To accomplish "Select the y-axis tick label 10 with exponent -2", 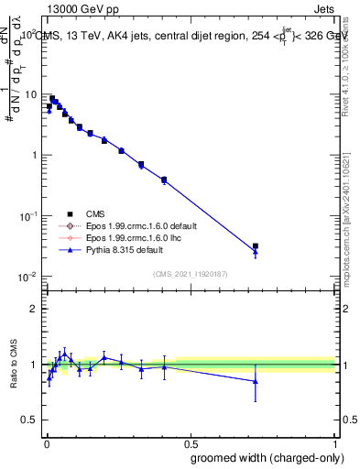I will tap(28, 277).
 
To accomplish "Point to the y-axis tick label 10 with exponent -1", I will tap(28, 216).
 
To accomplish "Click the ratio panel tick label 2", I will tap(33, 309).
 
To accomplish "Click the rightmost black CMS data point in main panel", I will tap(256, 246).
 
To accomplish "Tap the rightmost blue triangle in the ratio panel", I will tap(256, 381).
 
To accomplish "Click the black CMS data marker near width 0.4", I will tap(164, 180).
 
